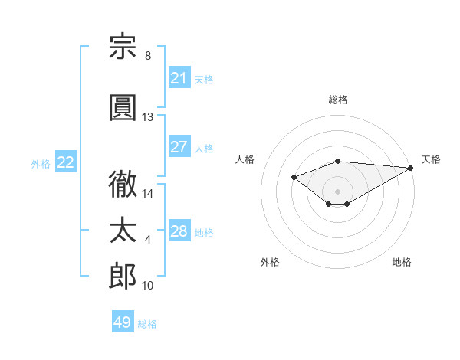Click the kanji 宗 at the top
123,46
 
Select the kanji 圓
123,107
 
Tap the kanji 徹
123,184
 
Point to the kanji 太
123,230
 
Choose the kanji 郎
123,276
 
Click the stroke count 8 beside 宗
148,55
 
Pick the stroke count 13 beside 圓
147,117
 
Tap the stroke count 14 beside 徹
147,194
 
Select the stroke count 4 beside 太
148,240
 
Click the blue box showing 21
179,77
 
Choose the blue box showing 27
179,146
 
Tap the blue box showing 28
179,230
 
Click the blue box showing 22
66,162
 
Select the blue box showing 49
123,321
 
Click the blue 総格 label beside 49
147,324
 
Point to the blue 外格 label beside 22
41,164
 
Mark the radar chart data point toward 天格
411,168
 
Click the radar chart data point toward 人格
294,177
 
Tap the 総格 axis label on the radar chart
338,100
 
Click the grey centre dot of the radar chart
337,191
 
